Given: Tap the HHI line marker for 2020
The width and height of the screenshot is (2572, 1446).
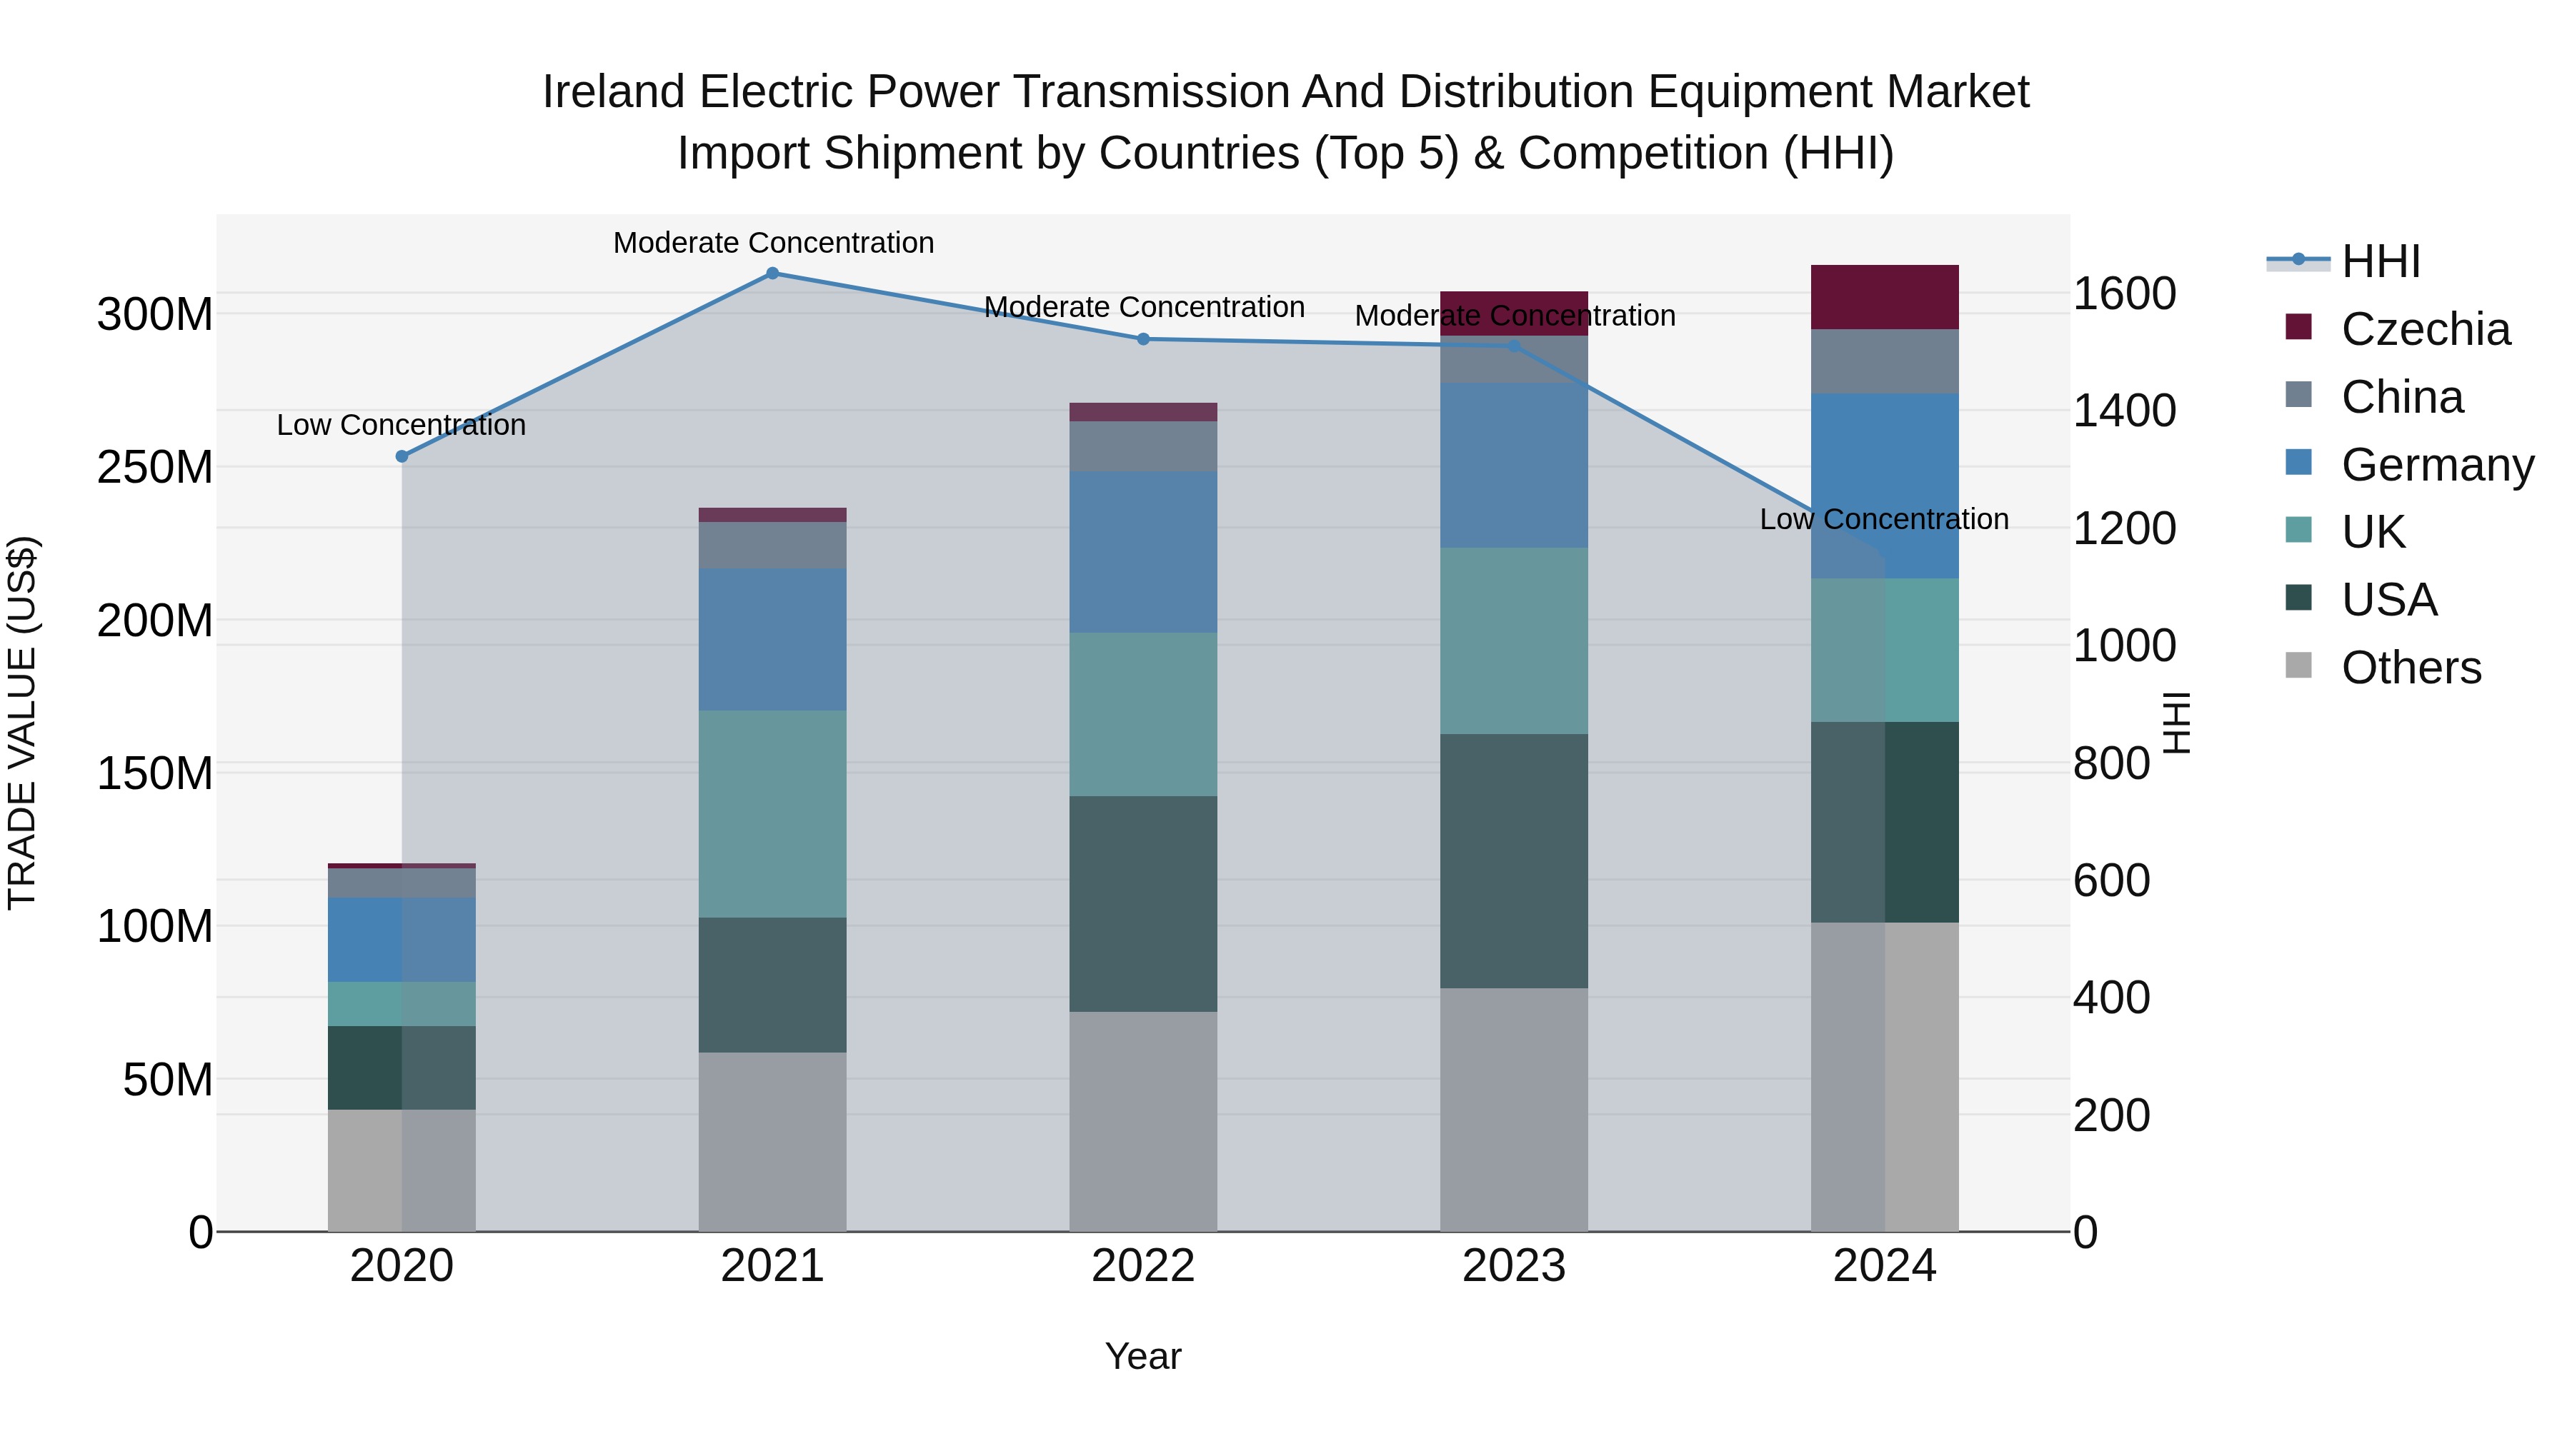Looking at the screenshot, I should point(402,457).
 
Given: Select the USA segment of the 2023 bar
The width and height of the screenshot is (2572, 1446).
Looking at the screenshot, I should point(1514,861).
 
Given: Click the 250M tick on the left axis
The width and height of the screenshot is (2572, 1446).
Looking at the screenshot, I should point(155,467).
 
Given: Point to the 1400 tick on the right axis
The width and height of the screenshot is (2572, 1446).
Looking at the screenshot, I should point(2124,411).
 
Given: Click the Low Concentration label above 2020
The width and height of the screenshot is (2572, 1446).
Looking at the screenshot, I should point(402,425).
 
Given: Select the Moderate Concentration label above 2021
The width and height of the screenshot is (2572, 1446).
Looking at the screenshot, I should point(774,243).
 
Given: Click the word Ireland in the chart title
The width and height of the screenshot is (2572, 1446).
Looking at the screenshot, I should point(614,93).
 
